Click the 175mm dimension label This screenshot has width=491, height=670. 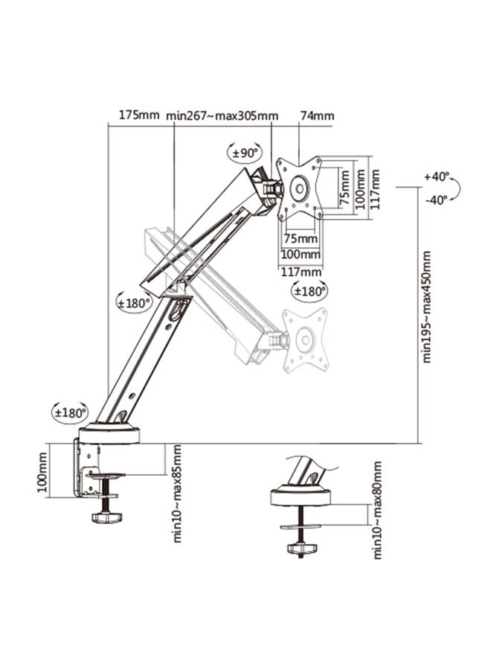tap(139, 115)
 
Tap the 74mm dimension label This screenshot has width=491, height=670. tap(316, 115)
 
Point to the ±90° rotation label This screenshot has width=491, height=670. tap(245, 153)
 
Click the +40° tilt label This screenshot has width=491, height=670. tap(437, 177)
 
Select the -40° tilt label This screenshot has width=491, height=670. tap(437, 200)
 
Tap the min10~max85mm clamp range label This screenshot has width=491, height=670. tap(177, 493)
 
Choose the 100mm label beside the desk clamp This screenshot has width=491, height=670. tap(42, 476)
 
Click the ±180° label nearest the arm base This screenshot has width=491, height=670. tap(70, 411)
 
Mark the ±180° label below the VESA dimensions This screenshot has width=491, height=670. tap(310, 290)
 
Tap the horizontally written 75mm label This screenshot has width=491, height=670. tap(300, 239)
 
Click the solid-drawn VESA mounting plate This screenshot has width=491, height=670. tap(299, 188)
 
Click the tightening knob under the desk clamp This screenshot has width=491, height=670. tap(106, 517)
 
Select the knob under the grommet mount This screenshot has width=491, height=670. tap(301, 549)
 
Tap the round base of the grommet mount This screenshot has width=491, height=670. tap(301, 496)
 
